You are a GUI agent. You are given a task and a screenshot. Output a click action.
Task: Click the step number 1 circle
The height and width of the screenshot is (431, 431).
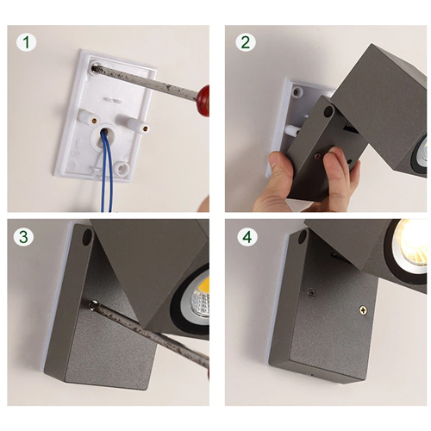(26, 42)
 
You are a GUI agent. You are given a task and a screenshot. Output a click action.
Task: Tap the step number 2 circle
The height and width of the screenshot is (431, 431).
(246, 42)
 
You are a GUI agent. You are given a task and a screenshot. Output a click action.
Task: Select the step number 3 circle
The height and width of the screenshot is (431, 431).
(23, 236)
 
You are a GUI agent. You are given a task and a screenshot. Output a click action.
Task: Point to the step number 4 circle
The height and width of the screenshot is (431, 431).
(247, 237)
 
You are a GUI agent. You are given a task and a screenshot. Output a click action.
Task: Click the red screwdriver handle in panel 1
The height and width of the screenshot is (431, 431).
(203, 100)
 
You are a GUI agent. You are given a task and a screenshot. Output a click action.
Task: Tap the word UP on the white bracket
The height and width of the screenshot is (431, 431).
(76, 153)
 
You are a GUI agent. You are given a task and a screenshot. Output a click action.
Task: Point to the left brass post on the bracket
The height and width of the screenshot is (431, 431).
(94, 121)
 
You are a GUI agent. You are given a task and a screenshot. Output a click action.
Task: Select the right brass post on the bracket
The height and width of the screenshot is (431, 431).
(146, 128)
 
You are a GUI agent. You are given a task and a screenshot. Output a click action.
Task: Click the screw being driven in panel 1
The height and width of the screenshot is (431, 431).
(94, 68)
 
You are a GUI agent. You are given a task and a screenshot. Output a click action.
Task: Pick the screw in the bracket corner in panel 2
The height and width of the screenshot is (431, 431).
(296, 92)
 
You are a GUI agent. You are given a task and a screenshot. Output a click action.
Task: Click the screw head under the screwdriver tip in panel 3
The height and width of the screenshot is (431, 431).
(94, 304)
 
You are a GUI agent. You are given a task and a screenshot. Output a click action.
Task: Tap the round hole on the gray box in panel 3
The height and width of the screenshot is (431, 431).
(87, 237)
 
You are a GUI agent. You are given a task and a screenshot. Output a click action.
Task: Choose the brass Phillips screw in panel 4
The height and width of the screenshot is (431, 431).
(363, 309)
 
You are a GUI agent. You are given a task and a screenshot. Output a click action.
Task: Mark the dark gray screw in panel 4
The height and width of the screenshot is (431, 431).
(311, 293)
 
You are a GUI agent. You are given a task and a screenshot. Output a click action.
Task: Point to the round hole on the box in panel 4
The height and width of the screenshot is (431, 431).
(303, 237)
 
